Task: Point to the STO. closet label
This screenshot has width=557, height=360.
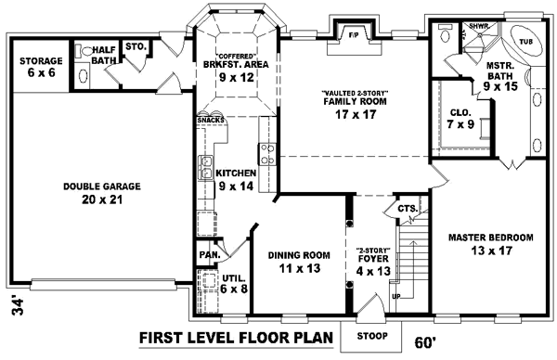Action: click(135, 45)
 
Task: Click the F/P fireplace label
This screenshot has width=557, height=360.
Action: click(354, 34)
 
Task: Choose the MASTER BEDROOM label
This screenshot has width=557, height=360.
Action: click(490, 244)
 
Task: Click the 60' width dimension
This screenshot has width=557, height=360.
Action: click(421, 341)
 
